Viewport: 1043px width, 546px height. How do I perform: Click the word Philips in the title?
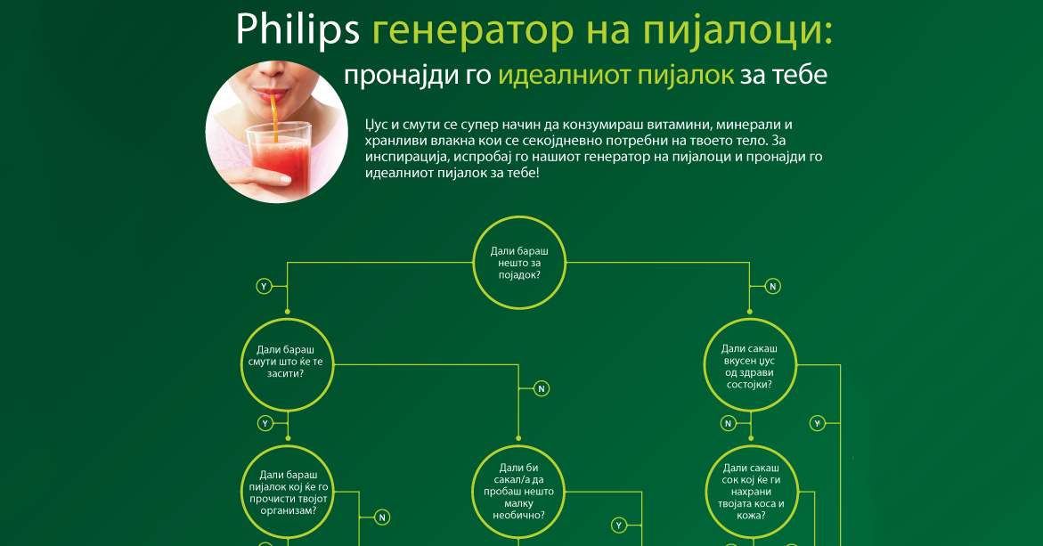(x=297, y=30)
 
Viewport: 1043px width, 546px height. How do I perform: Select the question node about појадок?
(x=520, y=264)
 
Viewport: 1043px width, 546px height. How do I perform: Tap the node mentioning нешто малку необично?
(x=519, y=491)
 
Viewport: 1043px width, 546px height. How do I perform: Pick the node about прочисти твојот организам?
(x=288, y=493)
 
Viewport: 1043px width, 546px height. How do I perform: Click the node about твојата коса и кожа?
(x=754, y=491)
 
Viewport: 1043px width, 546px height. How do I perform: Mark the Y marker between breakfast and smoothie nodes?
(x=264, y=286)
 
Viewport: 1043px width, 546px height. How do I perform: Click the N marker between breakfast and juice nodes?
(x=773, y=286)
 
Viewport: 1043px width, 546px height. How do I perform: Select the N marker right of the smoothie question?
(x=541, y=389)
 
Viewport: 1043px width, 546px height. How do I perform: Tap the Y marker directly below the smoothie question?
(x=265, y=422)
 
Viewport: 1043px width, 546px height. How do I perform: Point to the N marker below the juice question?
(x=728, y=423)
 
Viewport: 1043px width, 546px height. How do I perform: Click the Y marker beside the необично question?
(x=619, y=526)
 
